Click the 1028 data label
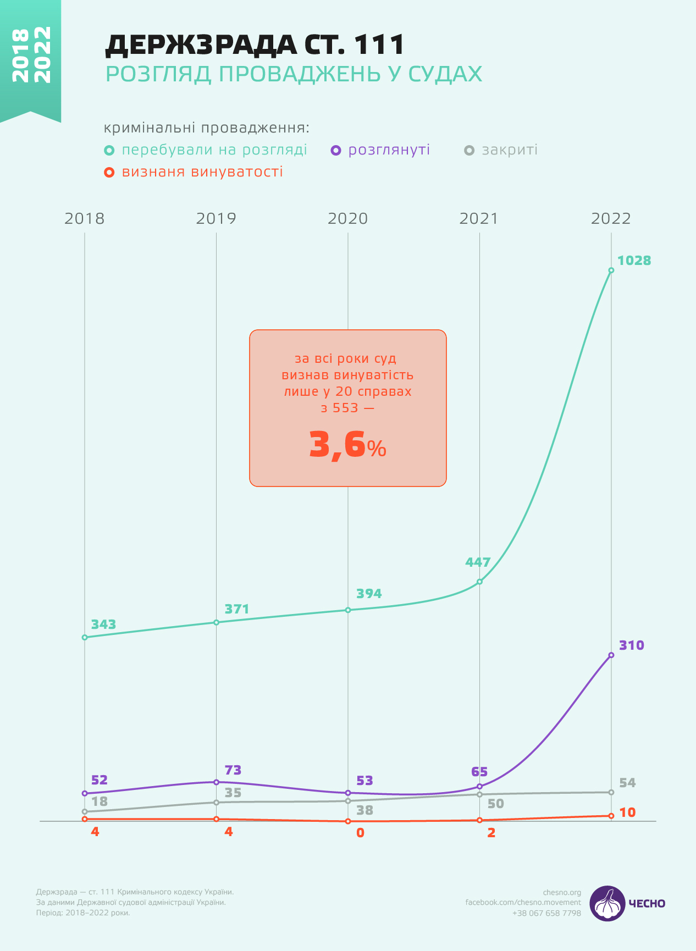(x=634, y=261)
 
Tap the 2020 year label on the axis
(x=347, y=219)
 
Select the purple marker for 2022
(x=611, y=655)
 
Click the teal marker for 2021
(x=479, y=582)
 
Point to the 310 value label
(x=632, y=645)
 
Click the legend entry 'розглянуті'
(x=389, y=150)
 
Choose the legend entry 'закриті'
(x=509, y=150)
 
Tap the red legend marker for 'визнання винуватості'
(x=109, y=173)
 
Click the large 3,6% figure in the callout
(x=347, y=445)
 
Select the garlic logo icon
(x=607, y=903)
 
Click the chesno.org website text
(x=562, y=892)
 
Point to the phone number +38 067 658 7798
(x=546, y=913)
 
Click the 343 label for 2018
(x=103, y=624)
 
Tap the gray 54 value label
(x=627, y=783)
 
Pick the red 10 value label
(x=627, y=812)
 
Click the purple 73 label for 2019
(x=233, y=770)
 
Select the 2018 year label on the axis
(x=84, y=219)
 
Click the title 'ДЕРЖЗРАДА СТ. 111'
(x=255, y=46)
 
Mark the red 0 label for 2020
(x=360, y=833)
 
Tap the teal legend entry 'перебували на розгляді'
(x=214, y=150)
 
